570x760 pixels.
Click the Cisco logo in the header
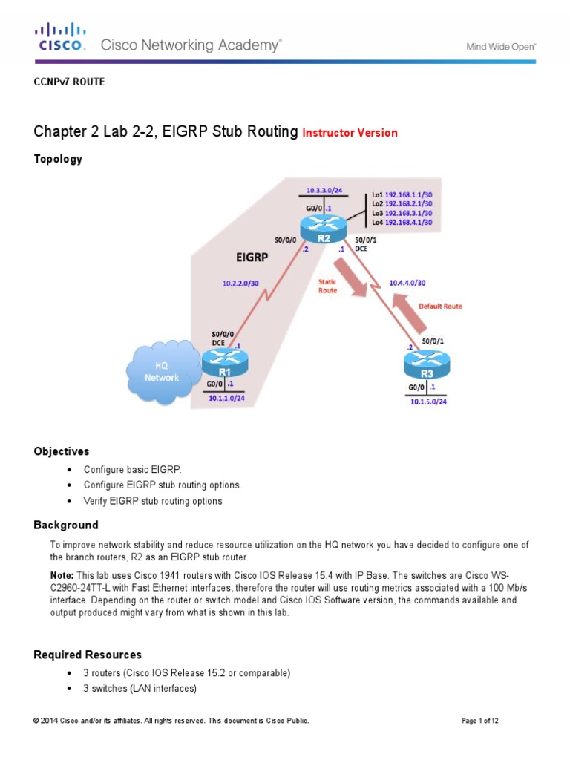pyautogui.click(x=61, y=37)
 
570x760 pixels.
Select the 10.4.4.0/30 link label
pyautogui.click(x=408, y=282)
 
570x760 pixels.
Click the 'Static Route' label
pyautogui.click(x=327, y=286)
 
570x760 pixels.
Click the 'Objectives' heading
pyautogui.click(x=62, y=451)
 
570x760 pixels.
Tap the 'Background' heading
pyautogui.click(x=65, y=525)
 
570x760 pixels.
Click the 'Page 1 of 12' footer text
pyautogui.click(x=485, y=721)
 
